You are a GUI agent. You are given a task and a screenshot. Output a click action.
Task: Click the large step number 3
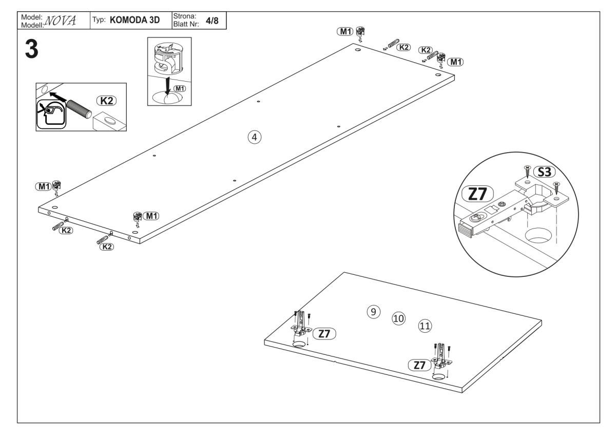30,50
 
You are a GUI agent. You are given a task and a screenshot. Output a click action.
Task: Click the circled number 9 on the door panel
374,311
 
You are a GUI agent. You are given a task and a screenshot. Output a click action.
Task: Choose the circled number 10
398,318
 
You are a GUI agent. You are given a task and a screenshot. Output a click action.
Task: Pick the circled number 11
425,325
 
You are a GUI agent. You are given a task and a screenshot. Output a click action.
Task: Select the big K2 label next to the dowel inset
107,101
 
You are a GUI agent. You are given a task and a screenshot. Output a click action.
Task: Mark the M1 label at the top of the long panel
344,31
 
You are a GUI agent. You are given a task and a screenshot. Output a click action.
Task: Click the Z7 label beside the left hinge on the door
324,334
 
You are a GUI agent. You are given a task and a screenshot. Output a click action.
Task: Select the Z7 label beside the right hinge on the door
419,365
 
